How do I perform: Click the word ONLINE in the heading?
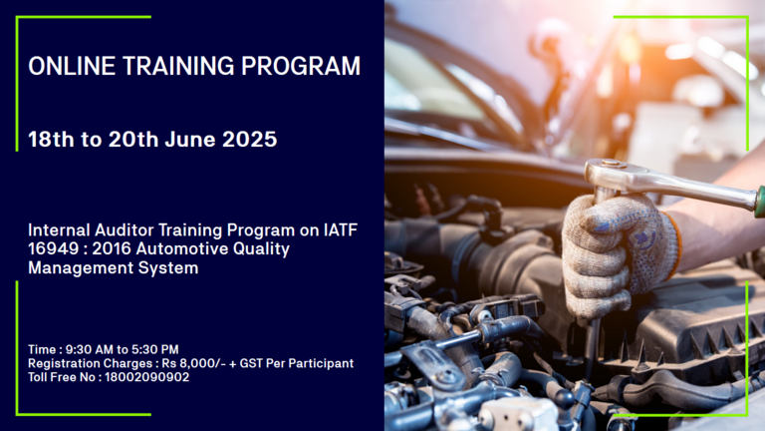coord(72,66)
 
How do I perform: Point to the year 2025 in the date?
coord(249,140)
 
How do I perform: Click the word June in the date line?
coord(190,140)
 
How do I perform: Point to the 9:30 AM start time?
coord(90,349)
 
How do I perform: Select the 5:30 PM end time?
coord(155,349)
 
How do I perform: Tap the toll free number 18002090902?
coord(146,377)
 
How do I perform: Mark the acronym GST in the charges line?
coord(251,363)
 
